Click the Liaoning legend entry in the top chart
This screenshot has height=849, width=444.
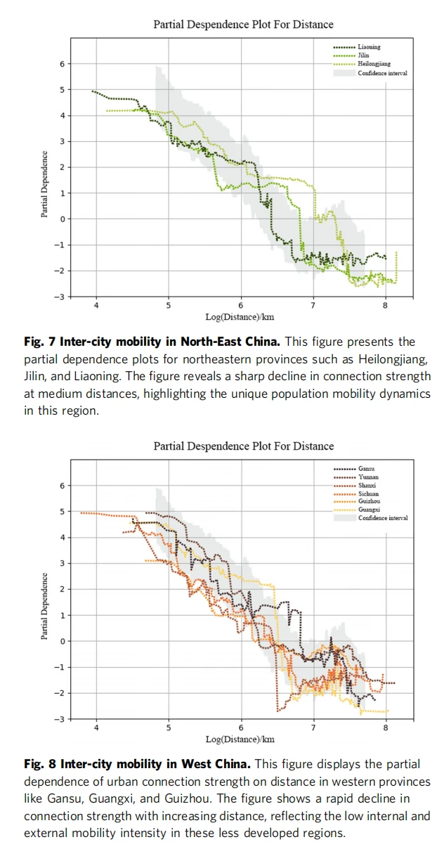pos(369,47)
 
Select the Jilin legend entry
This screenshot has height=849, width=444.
pos(363,55)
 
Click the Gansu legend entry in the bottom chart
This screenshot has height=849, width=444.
pos(367,468)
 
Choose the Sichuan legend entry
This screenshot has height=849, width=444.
pos(368,493)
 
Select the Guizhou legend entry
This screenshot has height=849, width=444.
pos(369,502)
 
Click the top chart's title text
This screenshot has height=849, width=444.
pos(243,25)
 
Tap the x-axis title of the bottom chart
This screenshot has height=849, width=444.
pos(240,739)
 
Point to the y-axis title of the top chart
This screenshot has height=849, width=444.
pos(44,184)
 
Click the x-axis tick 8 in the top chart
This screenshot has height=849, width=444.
pos(385,306)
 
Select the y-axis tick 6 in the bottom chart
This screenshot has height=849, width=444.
pos(61,486)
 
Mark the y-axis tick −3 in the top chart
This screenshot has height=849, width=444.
pos(60,297)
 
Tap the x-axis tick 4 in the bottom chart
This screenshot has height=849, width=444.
pos(96,727)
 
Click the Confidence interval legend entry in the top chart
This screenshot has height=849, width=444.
pos(382,72)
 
